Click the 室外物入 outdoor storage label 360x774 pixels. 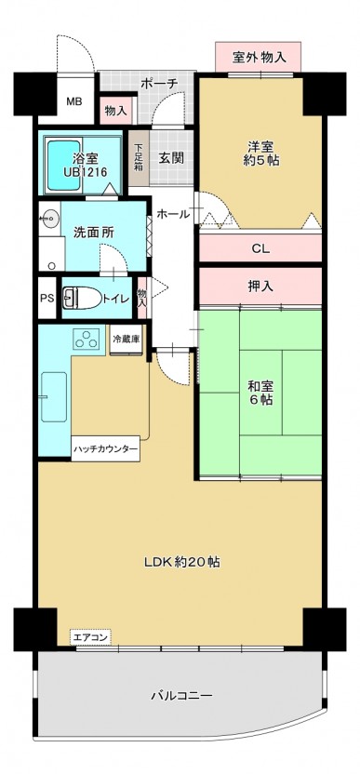[259, 58]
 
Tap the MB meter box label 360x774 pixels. [74, 102]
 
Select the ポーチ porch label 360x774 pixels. [158, 84]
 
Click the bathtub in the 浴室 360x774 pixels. [62, 166]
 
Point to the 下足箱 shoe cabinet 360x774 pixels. [139, 158]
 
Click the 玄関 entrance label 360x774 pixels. [171, 158]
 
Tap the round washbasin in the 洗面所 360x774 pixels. [50, 217]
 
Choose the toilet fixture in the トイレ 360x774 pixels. [81, 298]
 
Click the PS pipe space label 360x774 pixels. [47, 300]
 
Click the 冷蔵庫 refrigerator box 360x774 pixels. [126, 340]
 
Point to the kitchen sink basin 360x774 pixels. [54, 397]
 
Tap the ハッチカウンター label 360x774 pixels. [106, 448]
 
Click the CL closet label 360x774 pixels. [260, 248]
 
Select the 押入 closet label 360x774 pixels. [260, 287]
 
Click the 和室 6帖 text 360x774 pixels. [260, 393]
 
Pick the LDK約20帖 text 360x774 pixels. [182, 561]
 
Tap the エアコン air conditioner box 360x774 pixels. [90, 637]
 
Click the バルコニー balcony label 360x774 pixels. [181, 696]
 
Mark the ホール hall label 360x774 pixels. [173, 214]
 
